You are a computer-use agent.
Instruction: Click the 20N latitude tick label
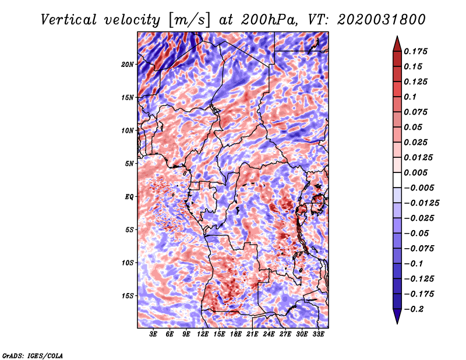(x=128, y=65)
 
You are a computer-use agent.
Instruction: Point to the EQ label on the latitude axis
(x=129, y=197)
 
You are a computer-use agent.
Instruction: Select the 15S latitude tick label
(x=128, y=296)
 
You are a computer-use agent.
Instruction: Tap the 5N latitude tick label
(x=129, y=164)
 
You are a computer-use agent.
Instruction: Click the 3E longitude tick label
(x=153, y=334)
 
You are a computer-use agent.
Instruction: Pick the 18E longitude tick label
(x=236, y=334)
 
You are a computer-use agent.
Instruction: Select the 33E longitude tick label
(x=318, y=334)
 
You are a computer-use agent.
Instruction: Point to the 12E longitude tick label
(x=203, y=334)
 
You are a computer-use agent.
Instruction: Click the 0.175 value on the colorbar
(x=416, y=51)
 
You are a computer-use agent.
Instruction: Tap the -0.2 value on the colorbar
(x=414, y=309)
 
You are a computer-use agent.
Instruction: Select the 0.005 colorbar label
(x=416, y=172)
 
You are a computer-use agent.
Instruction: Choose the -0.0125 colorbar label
(x=422, y=203)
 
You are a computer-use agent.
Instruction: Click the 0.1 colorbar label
(x=410, y=97)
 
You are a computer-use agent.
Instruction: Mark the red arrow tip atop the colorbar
(x=397, y=36)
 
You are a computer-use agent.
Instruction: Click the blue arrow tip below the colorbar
(x=397, y=323)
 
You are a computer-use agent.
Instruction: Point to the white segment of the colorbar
(x=397, y=180)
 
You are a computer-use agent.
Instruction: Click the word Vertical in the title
(x=69, y=20)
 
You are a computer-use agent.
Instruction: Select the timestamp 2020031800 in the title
(x=382, y=20)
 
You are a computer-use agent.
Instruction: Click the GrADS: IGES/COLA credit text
(x=33, y=356)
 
